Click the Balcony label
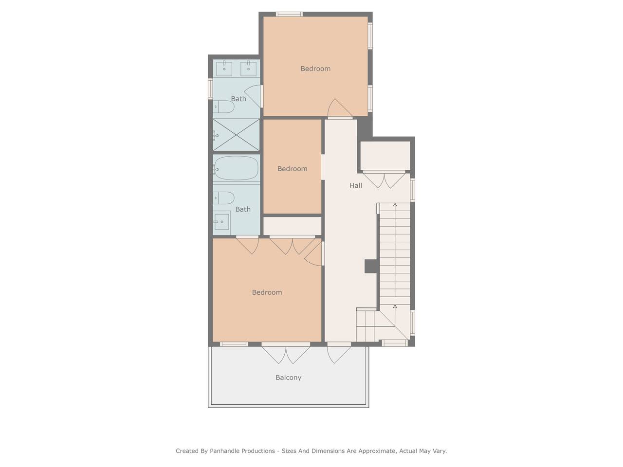click(288, 377)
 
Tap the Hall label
click(355, 185)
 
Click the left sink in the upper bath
click(224, 68)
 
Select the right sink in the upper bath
click(248, 68)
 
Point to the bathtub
click(236, 168)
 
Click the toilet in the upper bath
click(224, 107)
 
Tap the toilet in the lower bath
click(224, 198)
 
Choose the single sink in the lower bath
click(221, 222)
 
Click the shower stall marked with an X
click(236, 135)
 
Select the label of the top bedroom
click(315, 69)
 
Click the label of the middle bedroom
click(292, 169)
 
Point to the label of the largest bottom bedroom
click(267, 292)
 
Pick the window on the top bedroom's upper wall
click(289, 14)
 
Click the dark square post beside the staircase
click(371, 266)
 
